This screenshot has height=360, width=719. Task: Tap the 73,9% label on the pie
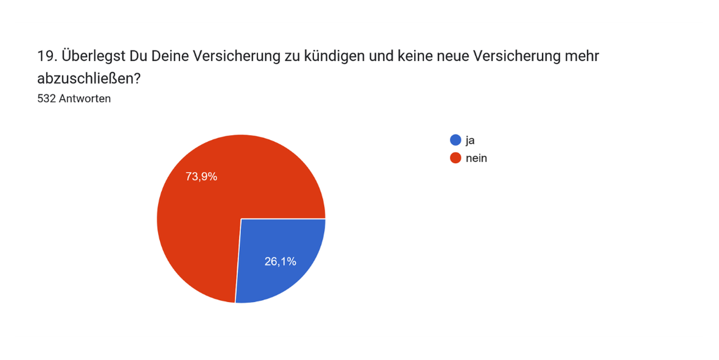tap(201, 177)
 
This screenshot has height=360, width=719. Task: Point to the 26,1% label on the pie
tap(280, 262)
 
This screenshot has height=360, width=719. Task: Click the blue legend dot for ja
tap(455, 140)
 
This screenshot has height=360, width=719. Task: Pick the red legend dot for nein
tap(455, 158)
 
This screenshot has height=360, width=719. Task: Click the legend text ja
tap(470, 140)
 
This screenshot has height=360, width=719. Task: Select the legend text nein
tap(476, 158)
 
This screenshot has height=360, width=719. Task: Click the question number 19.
tap(46, 56)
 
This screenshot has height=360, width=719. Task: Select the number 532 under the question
tap(46, 99)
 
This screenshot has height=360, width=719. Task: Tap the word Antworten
tap(85, 99)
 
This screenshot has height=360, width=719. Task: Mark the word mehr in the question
tap(581, 56)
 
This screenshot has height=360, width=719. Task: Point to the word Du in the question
tap(138, 56)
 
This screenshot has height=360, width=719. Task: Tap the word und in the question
tap(388, 56)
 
